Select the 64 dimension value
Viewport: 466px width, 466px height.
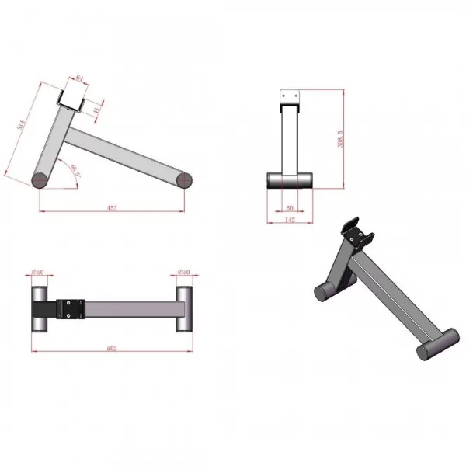coord(79,78)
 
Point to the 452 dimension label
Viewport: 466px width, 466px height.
coord(112,207)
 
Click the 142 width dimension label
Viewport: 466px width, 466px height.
coord(290,221)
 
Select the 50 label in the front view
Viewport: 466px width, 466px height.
coord(290,208)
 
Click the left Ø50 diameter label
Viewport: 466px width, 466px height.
coord(37,272)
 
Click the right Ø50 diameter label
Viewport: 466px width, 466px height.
coord(183,272)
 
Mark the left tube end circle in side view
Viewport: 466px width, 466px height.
coord(40,181)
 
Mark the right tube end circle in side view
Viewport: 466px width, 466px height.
coord(184,181)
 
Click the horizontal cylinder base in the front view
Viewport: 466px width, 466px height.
coord(290,181)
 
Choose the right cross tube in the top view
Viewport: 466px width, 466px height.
coord(184,309)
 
